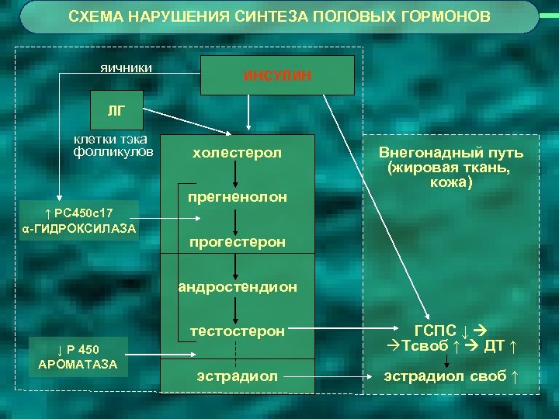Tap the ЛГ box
pos(114,110)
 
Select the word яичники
pos(127,68)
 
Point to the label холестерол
pos(237,153)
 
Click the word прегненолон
pos(237,197)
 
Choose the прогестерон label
pos(237,242)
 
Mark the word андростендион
pos(238,286)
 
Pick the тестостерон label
pos(237,331)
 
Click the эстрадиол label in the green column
pos(237,376)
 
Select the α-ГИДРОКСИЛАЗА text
pos(79,228)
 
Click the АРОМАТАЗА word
pos(73,362)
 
